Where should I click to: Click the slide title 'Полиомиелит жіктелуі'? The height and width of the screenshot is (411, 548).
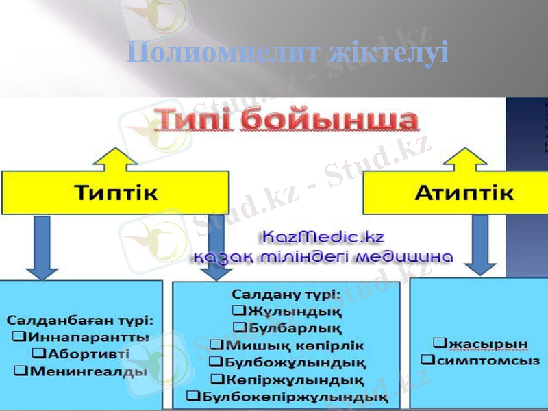click(x=288, y=53)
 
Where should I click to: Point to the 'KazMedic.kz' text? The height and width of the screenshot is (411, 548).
click(x=322, y=238)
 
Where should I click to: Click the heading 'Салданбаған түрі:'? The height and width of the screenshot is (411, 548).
click(x=80, y=320)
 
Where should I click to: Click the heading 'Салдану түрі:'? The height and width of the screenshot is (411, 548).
click(x=286, y=295)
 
